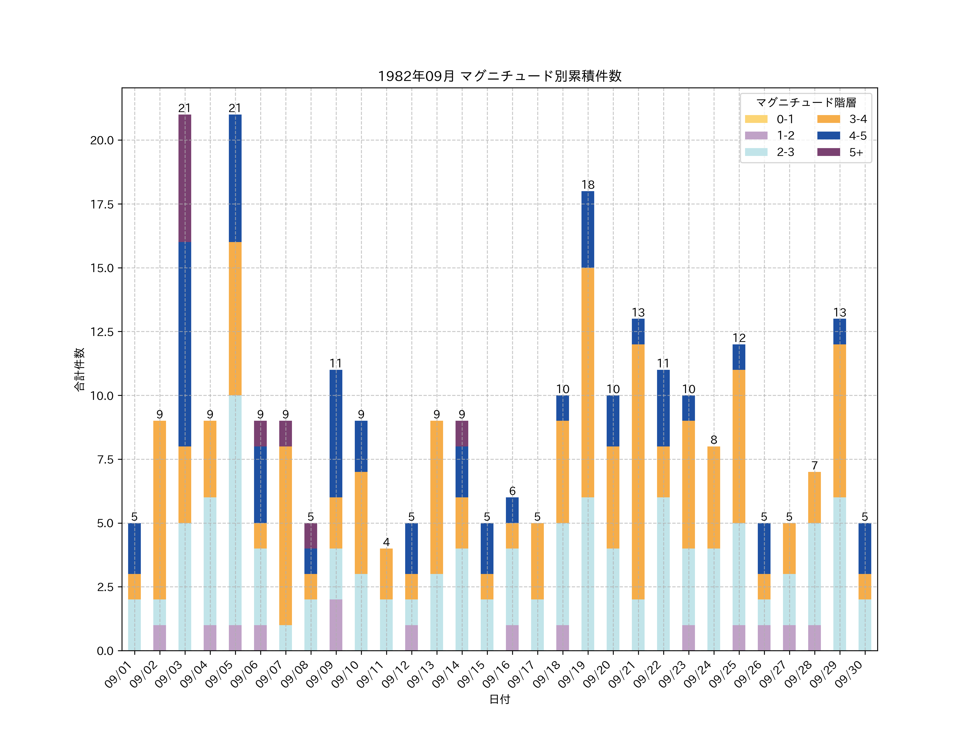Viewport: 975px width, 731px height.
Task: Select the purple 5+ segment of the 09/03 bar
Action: (x=185, y=178)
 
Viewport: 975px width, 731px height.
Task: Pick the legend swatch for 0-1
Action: (x=756, y=119)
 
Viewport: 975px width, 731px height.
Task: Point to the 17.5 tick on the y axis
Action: (x=102, y=204)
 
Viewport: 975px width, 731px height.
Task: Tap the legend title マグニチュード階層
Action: (x=806, y=103)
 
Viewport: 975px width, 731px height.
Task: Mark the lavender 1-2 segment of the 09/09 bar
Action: (x=336, y=625)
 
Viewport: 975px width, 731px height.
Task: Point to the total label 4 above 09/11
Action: (x=386, y=542)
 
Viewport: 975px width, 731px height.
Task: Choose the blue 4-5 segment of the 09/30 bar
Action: (x=864, y=548)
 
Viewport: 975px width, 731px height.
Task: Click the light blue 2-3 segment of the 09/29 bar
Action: (x=839, y=574)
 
